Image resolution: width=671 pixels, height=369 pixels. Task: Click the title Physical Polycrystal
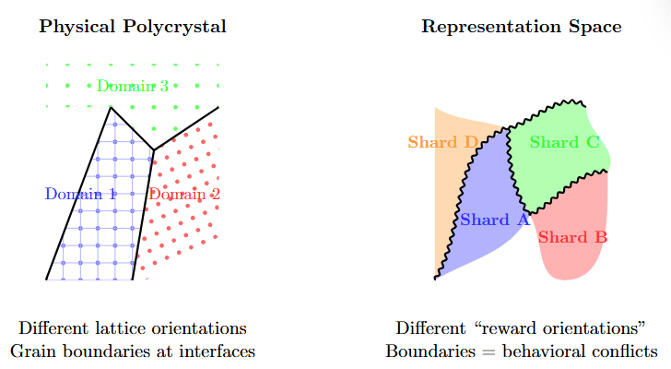pyautogui.click(x=133, y=27)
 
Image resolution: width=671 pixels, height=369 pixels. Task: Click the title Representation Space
pyautogui.click(x=521, y=27)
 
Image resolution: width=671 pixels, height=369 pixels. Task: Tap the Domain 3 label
pyautogui.click(x=133, y=87)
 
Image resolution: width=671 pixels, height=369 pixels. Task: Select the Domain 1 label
pyautogui.click(x=81, y=194)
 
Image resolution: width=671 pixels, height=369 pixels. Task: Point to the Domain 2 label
pyautogui.click(x=184, y=195)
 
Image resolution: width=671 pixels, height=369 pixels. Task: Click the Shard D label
pyautogui.click(x=443, y=142)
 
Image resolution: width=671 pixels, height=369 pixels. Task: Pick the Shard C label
pyautogui.click(x=565, y=142)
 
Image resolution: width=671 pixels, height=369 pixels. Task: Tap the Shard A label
pyautogui.click(x=494, y=220)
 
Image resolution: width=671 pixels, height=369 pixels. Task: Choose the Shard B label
pyautogui.click(x=572, y=237)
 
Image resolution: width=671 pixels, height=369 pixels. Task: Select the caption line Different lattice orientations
pyautogui.click(x=133, y=329)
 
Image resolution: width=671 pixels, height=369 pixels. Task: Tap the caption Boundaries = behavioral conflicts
pyautogui.click(x=521, y=351)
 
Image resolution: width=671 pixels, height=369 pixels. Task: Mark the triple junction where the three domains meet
pyautogui.click(x=153, y=149)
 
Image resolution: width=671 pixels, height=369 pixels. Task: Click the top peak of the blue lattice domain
pyautogui.click(x=112, y=107)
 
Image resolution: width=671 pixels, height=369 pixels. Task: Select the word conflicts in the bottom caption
pyautogui.click(x=626, y=351)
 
